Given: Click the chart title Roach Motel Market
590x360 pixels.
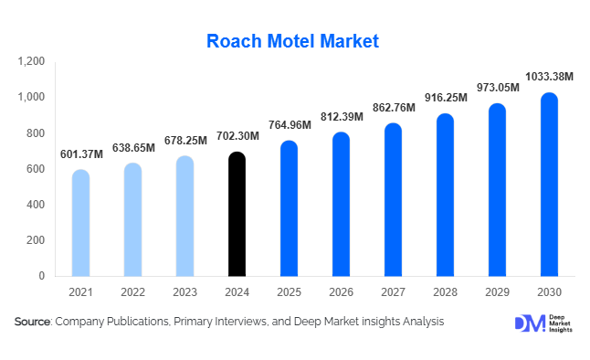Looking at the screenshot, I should (x=292, y=40).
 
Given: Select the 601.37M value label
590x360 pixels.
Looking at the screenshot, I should (x=80, y=154).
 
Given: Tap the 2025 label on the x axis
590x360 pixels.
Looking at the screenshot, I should (x=289, y=291).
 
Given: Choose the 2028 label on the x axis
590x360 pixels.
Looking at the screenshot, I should (x=445, y=291).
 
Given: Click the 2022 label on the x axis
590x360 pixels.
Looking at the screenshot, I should (x=132, y=291).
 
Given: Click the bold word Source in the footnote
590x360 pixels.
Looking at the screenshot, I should (x=33, y=322).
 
